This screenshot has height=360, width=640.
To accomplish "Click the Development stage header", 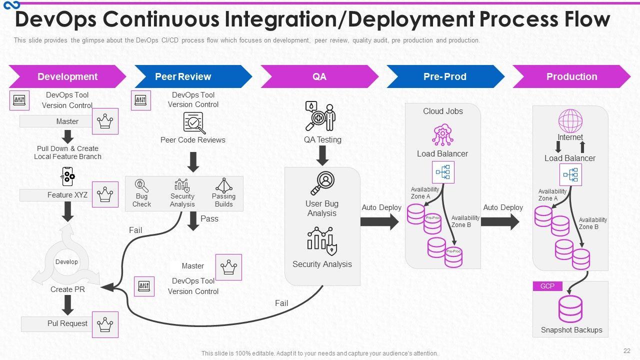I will (67, 76).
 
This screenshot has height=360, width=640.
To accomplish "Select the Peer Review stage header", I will (183, 76).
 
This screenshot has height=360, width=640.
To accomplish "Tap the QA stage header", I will (319, 76).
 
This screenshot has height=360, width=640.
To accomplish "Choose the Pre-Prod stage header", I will (444, 76).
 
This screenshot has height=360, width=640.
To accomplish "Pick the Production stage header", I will (571, 76).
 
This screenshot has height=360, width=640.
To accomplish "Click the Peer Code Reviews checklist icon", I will (194, 122).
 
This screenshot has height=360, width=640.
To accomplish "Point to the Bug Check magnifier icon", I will (142, 185).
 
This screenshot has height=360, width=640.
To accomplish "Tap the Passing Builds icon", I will (223, 185).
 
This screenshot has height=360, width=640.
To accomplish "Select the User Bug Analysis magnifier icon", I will (322, 183).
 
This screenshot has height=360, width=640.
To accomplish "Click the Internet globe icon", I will (570, 121).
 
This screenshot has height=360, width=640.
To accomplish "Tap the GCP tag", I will (547, 286).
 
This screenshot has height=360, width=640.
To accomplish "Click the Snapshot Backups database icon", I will (570, 309).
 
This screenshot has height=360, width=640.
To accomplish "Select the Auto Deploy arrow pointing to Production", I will (500, 221).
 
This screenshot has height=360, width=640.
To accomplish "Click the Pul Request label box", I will (67, 323).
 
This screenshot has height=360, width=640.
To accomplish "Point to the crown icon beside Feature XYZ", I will (105, 194).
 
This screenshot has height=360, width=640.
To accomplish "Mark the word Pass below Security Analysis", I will (209, 218).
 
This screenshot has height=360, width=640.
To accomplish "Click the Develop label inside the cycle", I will (66, 262).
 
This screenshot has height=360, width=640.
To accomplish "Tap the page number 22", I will (627, 351).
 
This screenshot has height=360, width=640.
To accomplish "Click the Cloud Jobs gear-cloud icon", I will (442, 135).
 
